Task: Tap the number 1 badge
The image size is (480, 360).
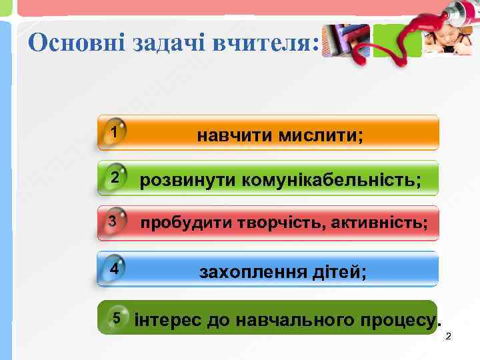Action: (x=115, y=131)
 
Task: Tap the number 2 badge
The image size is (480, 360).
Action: (x=115, y=177)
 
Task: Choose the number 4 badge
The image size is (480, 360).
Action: (x=115, y=269)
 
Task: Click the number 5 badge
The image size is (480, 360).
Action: (x=117, y=317)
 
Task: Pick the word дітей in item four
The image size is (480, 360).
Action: (x=339, y=271)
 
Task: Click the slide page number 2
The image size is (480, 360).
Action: (x=448, y=335)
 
